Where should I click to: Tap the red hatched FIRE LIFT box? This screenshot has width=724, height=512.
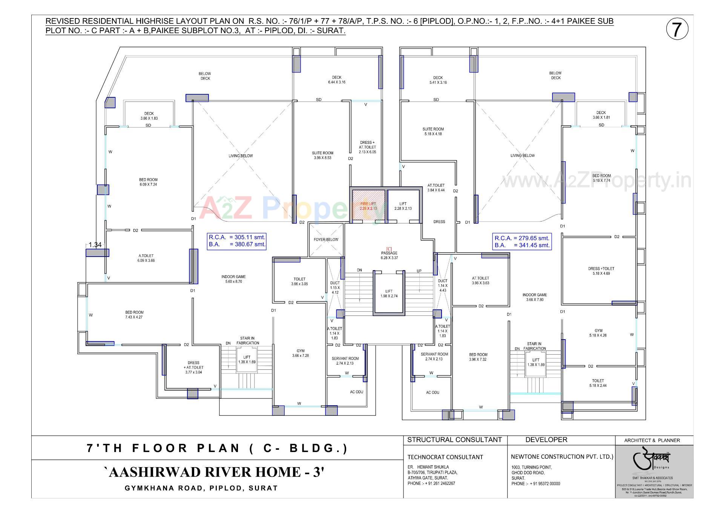pos(368,206)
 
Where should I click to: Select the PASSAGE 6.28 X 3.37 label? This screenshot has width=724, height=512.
pos(389,255)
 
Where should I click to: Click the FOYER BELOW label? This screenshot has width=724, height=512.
pos(326,240)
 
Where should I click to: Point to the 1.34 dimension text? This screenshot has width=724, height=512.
pos(95,245)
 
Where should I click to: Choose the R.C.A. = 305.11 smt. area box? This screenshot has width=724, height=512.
pos(237,241)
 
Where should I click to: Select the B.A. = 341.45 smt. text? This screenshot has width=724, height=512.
pos(522,245)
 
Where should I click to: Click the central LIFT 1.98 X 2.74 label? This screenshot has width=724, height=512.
pos(389,294)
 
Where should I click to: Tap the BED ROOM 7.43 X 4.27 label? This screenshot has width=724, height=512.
pos(134,315)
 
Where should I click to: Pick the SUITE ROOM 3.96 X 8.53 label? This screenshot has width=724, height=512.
pos(322,155)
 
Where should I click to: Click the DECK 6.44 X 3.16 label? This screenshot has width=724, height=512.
pos(337,80)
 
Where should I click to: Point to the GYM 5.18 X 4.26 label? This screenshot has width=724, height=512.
pos(598,333)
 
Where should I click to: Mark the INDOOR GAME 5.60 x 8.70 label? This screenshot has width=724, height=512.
pos(233,279)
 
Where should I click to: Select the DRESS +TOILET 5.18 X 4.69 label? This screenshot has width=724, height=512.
pos(601,271)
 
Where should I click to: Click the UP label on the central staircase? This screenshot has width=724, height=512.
pos(419,271)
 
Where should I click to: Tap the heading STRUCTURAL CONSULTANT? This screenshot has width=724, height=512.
pos(454,440)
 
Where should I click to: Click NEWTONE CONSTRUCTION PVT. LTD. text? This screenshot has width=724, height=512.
pos(562,457)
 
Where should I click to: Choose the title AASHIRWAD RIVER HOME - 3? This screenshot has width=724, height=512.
pos(213,472)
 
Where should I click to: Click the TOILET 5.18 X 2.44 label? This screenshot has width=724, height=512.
pos(598,383)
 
